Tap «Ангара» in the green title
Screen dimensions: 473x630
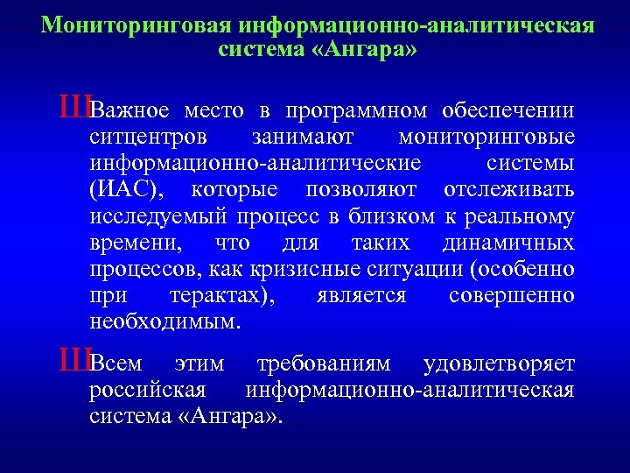click(360, 49)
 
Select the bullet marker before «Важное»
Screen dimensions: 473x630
click(74, 109)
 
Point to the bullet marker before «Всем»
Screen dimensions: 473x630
click(74, 360)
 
